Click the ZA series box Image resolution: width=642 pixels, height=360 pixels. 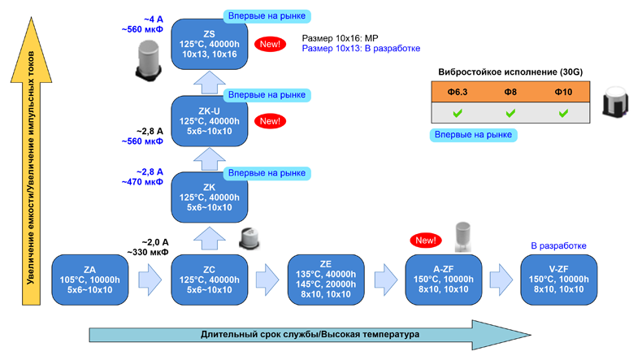(x=89, y=280)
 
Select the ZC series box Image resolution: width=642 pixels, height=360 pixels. (x=210, y=280)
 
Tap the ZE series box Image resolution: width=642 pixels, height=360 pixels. (x=326, y=280)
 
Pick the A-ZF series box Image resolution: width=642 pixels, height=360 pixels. (x=443, y=280)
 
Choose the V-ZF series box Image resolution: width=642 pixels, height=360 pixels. (x=560, y=280)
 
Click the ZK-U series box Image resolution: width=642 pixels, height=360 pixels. (x=210, y=121)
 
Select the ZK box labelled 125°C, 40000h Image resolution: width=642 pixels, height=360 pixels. (x=210, y=197)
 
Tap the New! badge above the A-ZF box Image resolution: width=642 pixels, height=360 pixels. (x=425, y=241)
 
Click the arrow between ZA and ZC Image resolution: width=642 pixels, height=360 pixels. (x=150, y=280)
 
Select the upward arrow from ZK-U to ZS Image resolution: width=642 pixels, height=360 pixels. (x=210, y=82)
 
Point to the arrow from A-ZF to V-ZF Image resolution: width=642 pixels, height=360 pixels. (x=501, y=280)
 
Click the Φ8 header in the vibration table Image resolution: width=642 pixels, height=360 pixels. (x=510, y=93)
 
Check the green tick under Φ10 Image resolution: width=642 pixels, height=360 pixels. (x=563, y=113)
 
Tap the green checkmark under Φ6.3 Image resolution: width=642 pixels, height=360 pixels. (x=458, y=113)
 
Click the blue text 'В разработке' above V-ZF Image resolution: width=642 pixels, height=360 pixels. (x=558, y=245)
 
